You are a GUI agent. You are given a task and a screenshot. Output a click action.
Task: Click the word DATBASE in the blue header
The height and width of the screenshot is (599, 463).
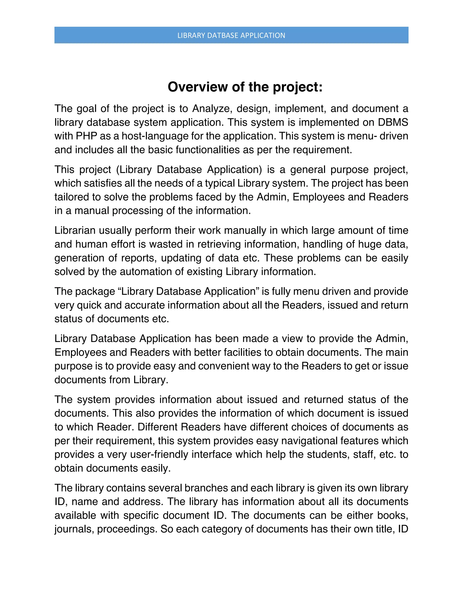(x=222, y=35)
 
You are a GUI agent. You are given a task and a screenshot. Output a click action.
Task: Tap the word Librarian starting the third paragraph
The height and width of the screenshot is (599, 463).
(x=75, y=230)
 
